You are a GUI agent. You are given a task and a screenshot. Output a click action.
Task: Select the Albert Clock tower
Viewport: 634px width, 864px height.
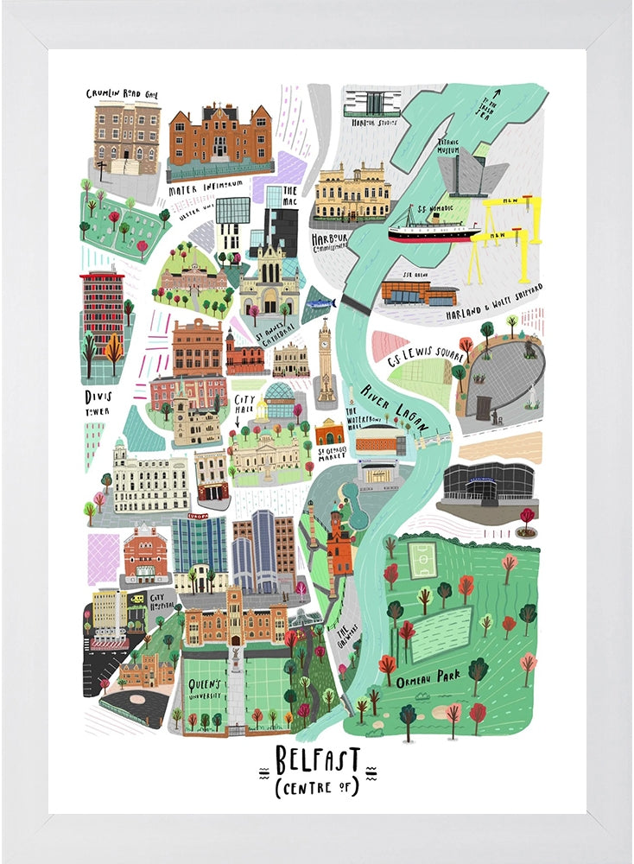(x=326, y=363)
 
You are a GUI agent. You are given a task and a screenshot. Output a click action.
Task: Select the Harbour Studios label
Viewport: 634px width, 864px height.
(x=373, y=123)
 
